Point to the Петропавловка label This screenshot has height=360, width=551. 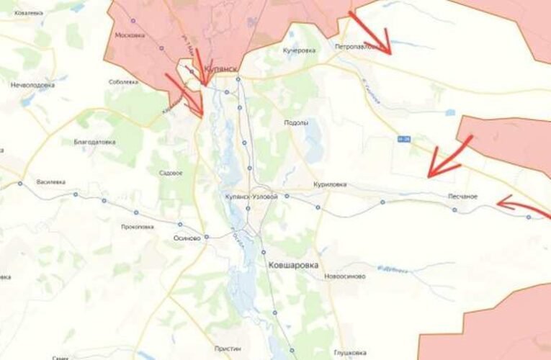pyautogui.click(x=359, y=47)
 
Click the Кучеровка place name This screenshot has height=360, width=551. pyautogui.click(x=300, y=50)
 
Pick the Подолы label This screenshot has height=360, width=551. pyautogui.click(x=296, y=122)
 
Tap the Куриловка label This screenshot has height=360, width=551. pyautogui.click(x=331, y=184)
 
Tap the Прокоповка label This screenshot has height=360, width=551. pyautogui.click(x=138, y=226)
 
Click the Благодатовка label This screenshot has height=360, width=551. pyautogui.click(x=94, y=142)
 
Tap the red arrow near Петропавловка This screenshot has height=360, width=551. pyautogui.click(x=370, y=33)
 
